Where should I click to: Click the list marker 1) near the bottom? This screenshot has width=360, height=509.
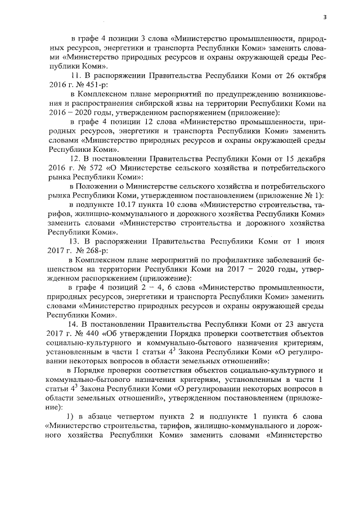point(71,416)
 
